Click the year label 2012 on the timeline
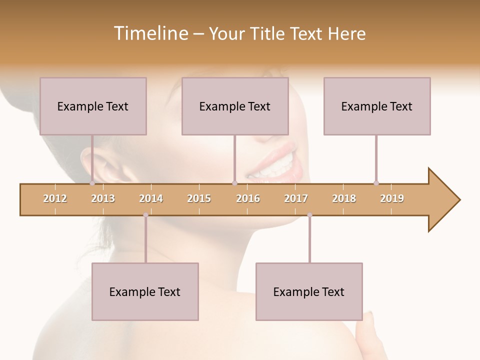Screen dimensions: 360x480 click(55, 198)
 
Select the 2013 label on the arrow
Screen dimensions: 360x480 click(103, 198)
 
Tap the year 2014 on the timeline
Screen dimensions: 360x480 click(151, 198)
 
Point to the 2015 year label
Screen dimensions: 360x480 click(199, 198)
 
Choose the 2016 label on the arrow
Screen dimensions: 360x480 click(248, 198)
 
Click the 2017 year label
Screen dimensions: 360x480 click(296, 198)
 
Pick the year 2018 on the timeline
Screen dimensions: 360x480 click(344, 198)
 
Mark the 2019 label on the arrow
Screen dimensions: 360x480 click(392, 198)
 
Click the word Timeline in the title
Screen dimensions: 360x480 click(149, 33)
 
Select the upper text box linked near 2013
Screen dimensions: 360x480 click(93, 106)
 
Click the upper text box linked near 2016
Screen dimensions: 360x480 click(235, 106)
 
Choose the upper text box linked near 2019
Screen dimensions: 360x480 click(377, 106)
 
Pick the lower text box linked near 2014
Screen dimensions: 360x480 click(145, 291)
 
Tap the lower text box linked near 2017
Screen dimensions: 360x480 click(309, 291)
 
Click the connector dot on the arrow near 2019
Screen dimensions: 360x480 click(376, 183)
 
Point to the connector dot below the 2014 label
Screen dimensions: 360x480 click(145, 215)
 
